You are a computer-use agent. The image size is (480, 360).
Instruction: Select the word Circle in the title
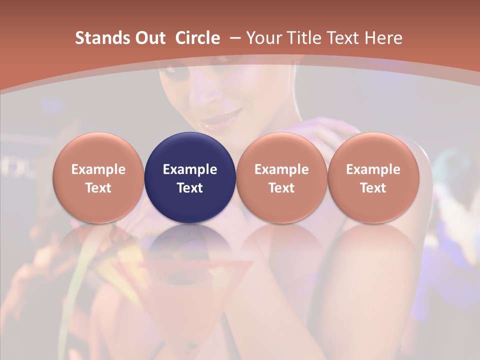197,38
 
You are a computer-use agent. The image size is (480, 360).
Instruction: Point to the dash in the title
235,38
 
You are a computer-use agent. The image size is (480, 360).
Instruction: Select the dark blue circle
190,177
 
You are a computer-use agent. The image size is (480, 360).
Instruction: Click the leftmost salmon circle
98,177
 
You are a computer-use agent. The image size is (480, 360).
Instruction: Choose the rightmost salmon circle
373,177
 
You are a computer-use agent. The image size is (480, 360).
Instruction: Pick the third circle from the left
281,177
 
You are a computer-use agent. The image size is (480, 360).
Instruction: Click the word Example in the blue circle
190,169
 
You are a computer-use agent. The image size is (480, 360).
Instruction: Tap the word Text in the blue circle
190,188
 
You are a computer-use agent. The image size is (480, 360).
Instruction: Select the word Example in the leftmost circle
98,169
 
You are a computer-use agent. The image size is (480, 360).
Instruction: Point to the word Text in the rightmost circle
373,188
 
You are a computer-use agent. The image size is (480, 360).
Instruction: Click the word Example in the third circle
281,169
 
